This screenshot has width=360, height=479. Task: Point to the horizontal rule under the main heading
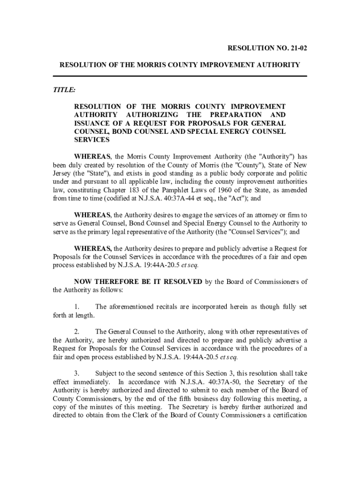click(180, 76)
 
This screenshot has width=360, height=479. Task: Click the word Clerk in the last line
click(145, 415)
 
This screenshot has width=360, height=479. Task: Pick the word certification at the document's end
click(288, 415)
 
